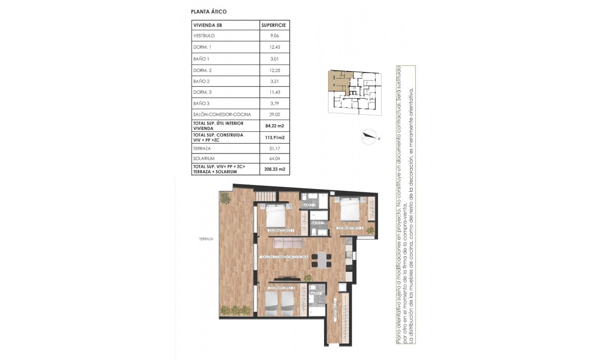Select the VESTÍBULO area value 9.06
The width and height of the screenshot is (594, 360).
[x=274, y=36]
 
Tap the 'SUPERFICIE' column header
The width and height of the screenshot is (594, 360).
[x=274, y=25]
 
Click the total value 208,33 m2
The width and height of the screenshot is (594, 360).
[x=274, y=169]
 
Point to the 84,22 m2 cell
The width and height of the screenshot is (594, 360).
[x=274, y=126]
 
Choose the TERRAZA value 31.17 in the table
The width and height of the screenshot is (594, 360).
[x=274, y=148]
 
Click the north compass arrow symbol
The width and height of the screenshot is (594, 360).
[x=370, y=136]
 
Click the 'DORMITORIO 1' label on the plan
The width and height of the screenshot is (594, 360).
[x=281, y=231]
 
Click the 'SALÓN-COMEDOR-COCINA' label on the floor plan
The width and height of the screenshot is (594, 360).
[x=284, y=257]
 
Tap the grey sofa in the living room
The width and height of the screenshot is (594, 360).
[x=289, y=243]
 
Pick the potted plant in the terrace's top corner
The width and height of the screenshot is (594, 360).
[x=224, y=197]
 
